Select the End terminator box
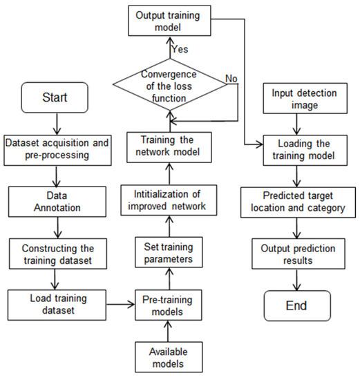tap(296, 305)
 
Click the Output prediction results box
tap(296, 254)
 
